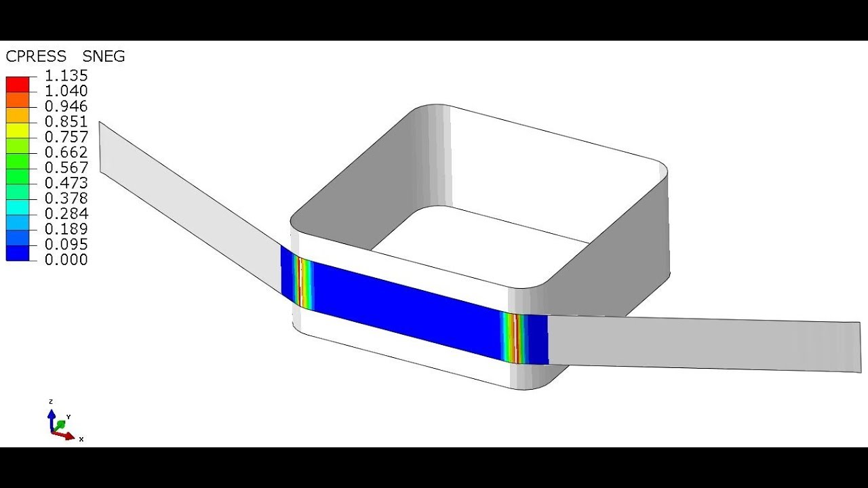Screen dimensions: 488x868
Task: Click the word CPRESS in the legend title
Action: pos(36,57)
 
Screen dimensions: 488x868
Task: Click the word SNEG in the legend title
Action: pos(104,57)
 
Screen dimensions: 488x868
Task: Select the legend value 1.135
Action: pos(66,76)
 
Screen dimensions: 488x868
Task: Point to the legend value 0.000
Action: pos(66,260)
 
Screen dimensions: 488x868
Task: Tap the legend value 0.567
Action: pos(66,168)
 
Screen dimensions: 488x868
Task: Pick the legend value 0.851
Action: pos(66,122)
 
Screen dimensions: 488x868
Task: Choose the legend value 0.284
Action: pos(66,214)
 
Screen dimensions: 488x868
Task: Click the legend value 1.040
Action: pos(66,91)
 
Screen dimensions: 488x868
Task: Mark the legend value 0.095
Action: pos(66,245)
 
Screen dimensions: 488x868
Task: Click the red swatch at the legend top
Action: pos(18,84)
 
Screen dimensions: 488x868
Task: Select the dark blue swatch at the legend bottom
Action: pos(18,253)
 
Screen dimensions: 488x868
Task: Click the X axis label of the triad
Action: pos(81,439)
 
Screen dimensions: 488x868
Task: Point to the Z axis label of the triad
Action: pos(51,402)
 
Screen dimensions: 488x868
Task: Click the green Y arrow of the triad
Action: pos(60,424)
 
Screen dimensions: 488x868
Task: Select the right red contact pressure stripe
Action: pos(517,338)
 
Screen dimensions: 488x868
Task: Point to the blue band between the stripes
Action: pos(407,308)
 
